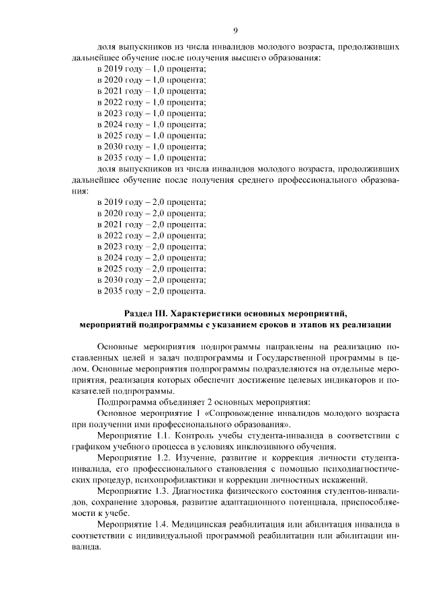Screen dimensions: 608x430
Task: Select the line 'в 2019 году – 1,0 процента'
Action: click(151, 69)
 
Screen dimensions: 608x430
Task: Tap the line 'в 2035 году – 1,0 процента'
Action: click(151, 157)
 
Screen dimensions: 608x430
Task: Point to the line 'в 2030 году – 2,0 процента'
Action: click(151, 279)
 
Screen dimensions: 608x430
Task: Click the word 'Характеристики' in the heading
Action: click(205, 314)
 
